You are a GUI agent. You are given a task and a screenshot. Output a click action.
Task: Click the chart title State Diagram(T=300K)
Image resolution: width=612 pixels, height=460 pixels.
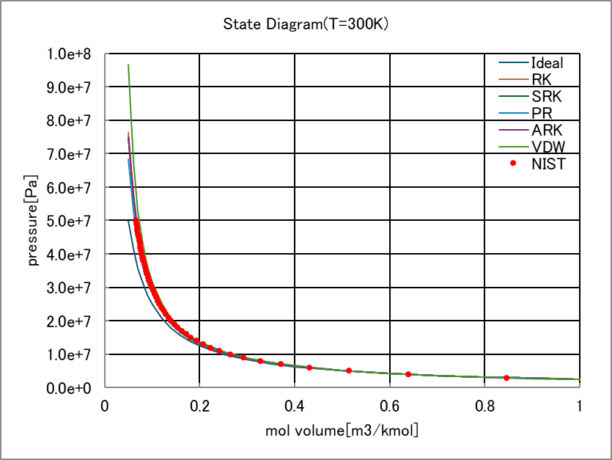[x=306, y=24]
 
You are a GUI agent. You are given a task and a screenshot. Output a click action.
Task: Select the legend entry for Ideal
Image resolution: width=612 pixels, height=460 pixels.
[x=547, y=63]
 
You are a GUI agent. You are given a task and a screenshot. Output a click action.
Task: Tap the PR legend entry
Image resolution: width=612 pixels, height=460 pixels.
[x=542, y=113]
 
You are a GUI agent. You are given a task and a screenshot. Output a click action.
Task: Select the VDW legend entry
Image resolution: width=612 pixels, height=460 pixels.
[x=548, y=147]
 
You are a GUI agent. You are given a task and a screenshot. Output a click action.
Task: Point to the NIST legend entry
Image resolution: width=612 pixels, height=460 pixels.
[x=548, y=164]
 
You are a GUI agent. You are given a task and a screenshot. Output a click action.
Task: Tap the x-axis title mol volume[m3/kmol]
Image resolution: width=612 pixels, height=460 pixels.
[x=342, y=430]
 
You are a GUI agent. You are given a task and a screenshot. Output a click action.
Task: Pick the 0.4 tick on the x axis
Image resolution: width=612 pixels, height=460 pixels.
[x=295, y=406]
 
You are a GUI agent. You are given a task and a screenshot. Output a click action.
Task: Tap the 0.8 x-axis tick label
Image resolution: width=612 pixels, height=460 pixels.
[x=484, y=406]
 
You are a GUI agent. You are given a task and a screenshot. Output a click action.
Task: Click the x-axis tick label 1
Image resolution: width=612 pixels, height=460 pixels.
[x=579, y=406]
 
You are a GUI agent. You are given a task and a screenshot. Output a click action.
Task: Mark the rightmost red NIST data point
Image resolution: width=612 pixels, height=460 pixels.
[x=506, y=378]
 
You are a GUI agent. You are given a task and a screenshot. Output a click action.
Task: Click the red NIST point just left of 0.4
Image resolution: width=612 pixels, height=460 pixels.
[x=281, y=364]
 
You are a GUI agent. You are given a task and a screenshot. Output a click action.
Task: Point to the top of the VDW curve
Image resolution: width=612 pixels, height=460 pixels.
[x=128, y=65]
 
